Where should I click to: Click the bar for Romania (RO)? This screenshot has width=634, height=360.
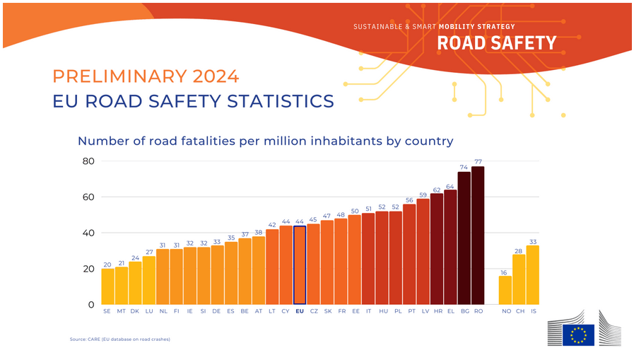pyautogui.click(x=478, y=236)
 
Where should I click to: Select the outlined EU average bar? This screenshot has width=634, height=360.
pyautogui.click(x=300, y=265)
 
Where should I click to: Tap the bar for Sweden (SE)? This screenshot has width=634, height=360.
pyautogui.click(x=107, y=286)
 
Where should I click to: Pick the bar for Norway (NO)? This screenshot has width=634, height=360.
pyautogui.click(x=505, y=290)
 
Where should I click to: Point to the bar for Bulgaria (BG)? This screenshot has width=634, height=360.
pyautogui.click(x=464, y=238)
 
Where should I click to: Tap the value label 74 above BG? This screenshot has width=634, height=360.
pyautogui.click(x=464, y=167)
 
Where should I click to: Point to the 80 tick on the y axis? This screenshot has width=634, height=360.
pyautogui.click(x=88, y=161)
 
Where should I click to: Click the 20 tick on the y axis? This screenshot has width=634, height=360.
pyautogui.click(x=88, y=269)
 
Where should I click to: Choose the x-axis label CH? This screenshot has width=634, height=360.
pyautogui.click(x=519, y=311)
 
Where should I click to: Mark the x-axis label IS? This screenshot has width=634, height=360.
pyautogui.click(x=533, y=311)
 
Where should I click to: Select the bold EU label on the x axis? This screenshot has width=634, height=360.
pyautogui.click(x=300, y=311)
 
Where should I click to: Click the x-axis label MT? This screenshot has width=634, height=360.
pyautogui.click(x=121, y=311)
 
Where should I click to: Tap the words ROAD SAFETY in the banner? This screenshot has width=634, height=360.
pyautogui.click(x=497, y=43)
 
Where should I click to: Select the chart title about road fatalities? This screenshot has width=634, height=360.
pyautogui.click(x=265, y=141)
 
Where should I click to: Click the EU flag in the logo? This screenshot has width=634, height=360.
pyautogui.click(x=578, y=335)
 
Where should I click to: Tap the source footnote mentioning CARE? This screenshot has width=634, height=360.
pyautogui.click(x=120, y=339)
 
